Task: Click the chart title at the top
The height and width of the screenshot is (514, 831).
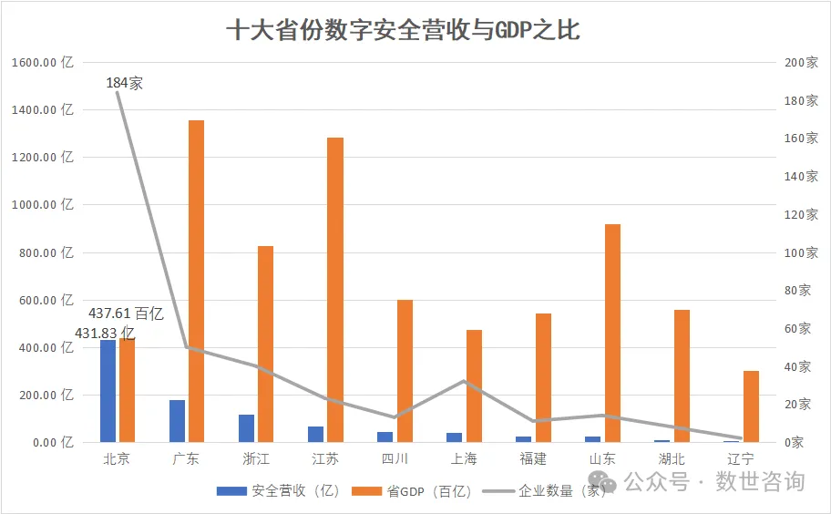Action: point(402,31)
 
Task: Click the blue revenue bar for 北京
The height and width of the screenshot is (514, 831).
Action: point(108,391)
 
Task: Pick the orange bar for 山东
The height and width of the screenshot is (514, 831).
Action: point(612,333)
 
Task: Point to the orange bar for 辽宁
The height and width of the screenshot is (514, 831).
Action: point(751,406)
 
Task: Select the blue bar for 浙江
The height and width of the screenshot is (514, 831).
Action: point(246,428)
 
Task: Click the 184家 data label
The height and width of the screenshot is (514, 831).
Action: point(125,83)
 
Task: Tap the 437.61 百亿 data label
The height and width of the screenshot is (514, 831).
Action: point(126,314)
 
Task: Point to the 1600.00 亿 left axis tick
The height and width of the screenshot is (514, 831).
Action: point(42,63)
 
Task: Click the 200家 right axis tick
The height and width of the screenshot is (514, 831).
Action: point(801,63)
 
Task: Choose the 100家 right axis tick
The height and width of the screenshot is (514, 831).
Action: point(801,252)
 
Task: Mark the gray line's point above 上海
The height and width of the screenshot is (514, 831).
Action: point(463,381)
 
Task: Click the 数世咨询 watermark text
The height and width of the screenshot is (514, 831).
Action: point(760,480)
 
